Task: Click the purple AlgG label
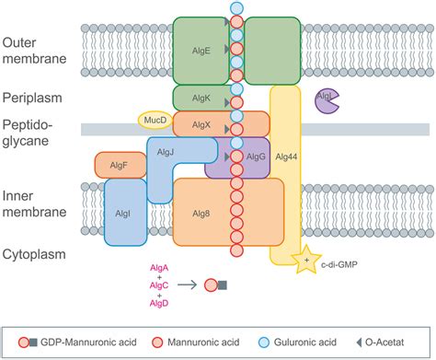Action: click(x=257, y=157)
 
